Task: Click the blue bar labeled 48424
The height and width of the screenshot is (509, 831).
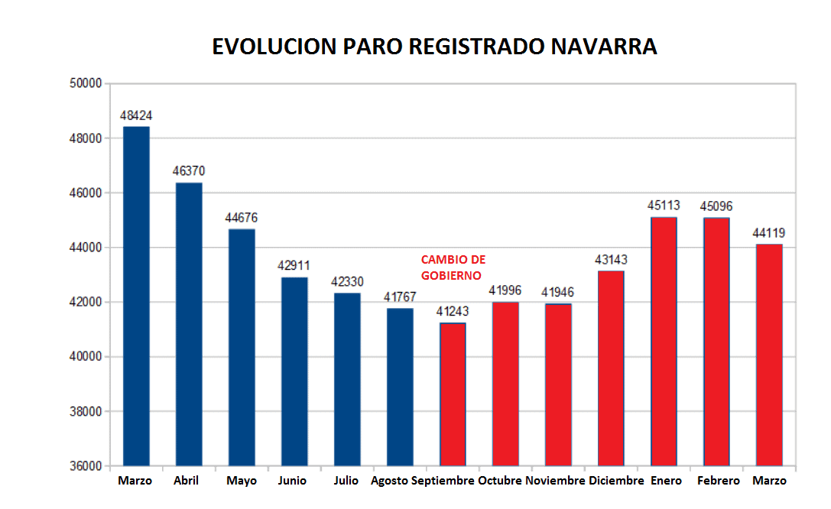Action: pos(136,296)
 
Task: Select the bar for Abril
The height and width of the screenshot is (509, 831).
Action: pos(189,324)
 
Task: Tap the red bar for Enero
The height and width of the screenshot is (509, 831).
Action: pos(664,342)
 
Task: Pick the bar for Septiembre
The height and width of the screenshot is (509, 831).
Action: pos(453,394)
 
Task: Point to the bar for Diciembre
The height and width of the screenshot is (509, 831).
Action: pos(611,368)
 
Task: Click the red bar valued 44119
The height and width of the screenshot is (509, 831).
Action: pos(769,355)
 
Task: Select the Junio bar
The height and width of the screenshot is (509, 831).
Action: pos(294,372)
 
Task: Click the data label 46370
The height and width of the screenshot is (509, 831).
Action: pos(189,171)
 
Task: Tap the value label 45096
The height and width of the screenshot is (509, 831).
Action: pos(716,206)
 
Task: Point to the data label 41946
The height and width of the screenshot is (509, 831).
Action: pos(557,293)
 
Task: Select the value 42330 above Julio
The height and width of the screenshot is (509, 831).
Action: pos(347,282)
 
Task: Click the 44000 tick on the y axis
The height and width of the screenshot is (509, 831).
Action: pos(86,248)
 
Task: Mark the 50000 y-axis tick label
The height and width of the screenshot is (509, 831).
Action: pos(86,83)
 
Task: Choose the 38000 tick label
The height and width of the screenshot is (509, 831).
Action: pos(86,411)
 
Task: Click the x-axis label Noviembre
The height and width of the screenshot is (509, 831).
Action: pos(555,481)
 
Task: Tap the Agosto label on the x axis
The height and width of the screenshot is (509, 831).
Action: pos(390,481)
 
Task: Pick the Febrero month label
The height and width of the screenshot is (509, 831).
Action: pos(718,481)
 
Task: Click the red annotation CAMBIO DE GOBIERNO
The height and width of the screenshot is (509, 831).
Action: pos(453,267)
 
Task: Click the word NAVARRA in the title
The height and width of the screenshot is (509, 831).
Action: pos(604,47)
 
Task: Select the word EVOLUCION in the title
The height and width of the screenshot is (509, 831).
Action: pos(274,47)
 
